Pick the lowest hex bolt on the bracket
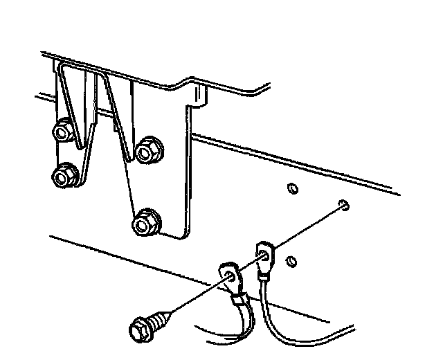click(x=146, y=223)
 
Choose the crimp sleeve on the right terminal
click(x=263, y=279)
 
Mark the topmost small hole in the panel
click(x=292, y=188)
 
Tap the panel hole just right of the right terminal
click(x=291, y=261)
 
